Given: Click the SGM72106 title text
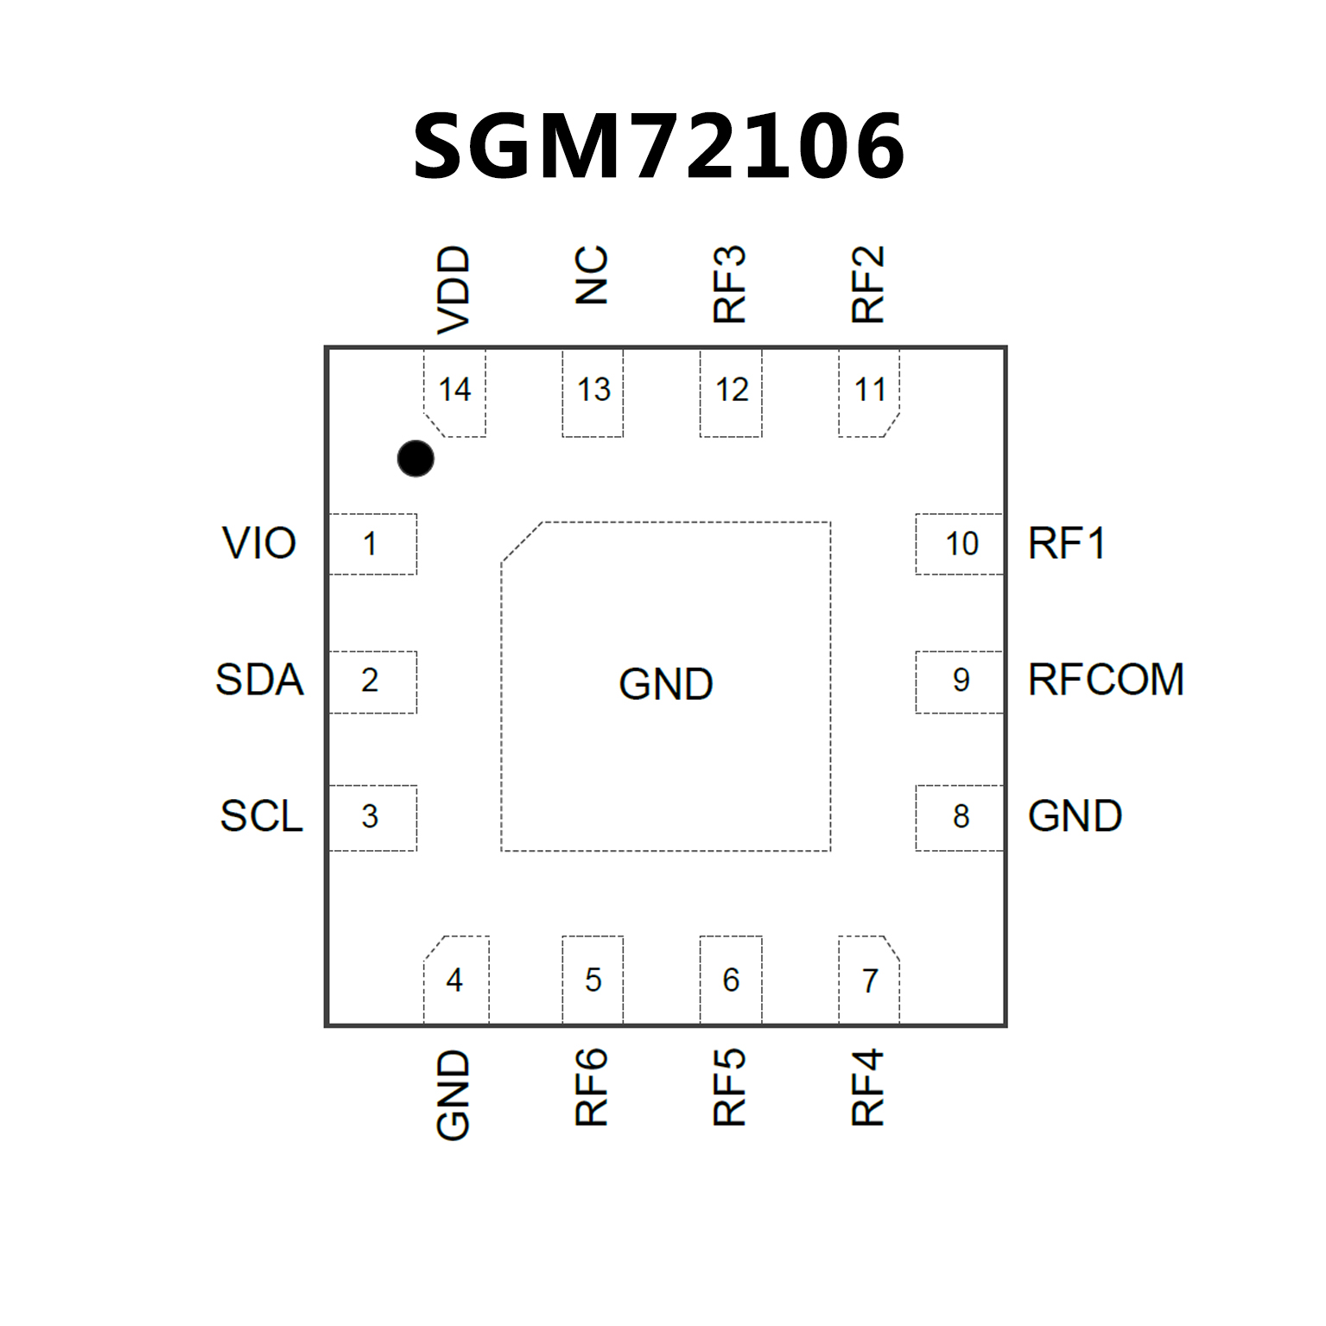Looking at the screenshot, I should coord(658,147).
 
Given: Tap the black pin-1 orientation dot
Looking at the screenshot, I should coord(416,458).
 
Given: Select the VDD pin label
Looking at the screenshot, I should coord(454,289).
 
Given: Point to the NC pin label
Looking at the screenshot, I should coord(592,276).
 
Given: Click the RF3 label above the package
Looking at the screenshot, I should coord(730,284).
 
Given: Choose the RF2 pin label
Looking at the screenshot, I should coord(868,284).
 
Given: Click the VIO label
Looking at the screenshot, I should coord(259,543).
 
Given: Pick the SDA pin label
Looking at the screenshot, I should coord(259,680).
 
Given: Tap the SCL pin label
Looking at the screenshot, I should coord(261,816).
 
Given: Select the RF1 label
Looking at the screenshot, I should coord(1067,543).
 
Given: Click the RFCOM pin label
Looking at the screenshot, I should coord(1106,680).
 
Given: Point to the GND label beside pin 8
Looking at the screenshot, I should coord(1075,816).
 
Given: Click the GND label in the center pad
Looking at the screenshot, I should coord(666,684).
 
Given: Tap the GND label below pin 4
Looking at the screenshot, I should coord(454,1094).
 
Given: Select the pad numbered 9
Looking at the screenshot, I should coord(960,681).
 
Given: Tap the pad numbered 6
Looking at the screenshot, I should coord(731,980).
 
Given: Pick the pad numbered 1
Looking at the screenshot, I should coord(372,544).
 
